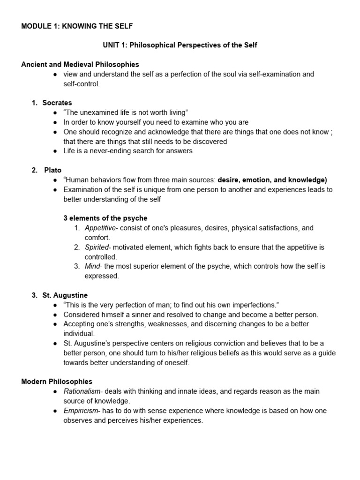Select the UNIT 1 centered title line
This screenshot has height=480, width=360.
click(180, 45)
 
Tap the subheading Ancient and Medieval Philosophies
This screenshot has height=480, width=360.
click(80, 64)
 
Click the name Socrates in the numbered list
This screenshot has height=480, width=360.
click(57, 103)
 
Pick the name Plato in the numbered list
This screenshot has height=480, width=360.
click(53, 170)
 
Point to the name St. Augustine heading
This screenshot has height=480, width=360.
click(65, 295)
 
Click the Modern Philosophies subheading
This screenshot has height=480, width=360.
click(57, 382)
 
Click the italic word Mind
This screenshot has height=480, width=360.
click(93, 266)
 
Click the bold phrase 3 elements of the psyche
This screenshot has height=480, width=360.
click(105, 218)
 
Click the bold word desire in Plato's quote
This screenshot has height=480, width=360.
click(228, 180)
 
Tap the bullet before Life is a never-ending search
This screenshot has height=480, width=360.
click(55, 151)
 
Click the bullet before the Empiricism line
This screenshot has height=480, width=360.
click(55, 411)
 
